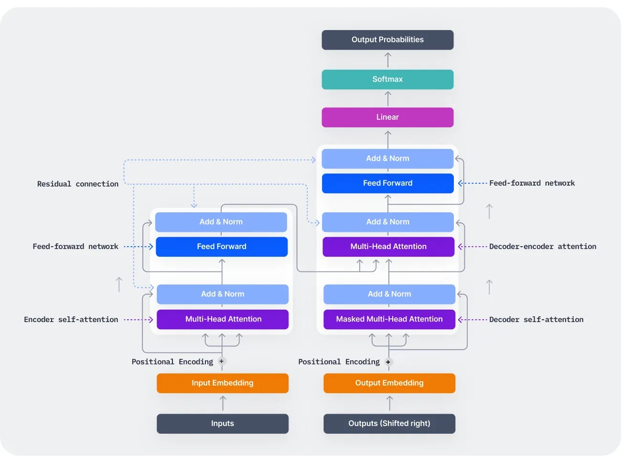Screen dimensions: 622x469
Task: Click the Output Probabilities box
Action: (387, 40)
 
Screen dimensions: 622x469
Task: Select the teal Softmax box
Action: (387, 79)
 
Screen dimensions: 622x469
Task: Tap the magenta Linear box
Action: (387, 117)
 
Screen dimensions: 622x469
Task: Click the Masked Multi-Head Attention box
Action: (389, 319)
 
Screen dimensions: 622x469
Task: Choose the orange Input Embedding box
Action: (223, 383)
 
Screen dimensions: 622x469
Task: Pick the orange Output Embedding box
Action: (389, 383)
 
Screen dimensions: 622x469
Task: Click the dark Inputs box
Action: (223, 424)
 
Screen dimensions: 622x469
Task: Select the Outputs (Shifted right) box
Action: (389, 424)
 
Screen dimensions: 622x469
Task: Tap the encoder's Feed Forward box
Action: (222, 247)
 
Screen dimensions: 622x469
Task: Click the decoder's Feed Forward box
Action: (387, 183)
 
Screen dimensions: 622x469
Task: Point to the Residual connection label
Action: (78, 184)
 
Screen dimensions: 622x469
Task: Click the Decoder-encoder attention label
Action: (543, 246)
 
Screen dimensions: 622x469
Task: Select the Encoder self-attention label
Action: (71, 319)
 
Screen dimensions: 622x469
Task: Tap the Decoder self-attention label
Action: (536, 319)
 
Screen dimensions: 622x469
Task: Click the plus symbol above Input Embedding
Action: (222, 361)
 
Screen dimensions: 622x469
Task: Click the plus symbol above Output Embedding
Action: (388, 362)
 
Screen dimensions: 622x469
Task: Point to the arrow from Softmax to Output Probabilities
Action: (387, 60)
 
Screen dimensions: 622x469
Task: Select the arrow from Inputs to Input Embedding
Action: (223, 403)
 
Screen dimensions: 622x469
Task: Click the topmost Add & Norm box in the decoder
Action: (387, 158)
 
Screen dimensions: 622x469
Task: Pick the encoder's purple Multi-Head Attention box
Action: (223, 319)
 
